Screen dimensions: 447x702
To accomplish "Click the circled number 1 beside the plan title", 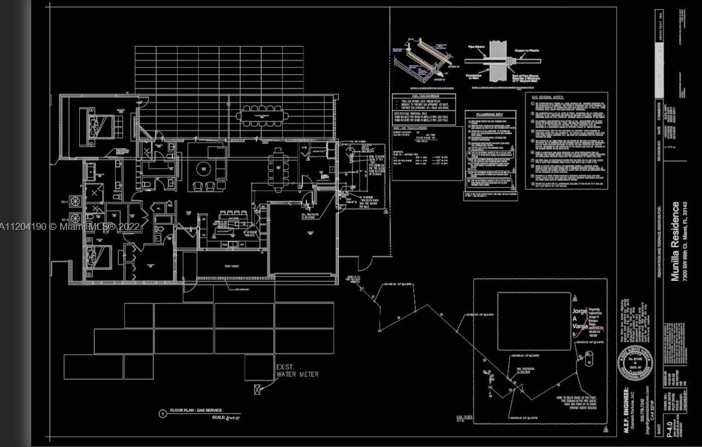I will click(x=163, y=413).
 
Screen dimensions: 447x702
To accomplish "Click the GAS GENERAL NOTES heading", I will click(x=549, y=97).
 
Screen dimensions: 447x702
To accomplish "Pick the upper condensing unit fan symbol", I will click(x=75, y=201).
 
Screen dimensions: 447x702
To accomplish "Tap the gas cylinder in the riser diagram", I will click(x=589, y=358).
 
